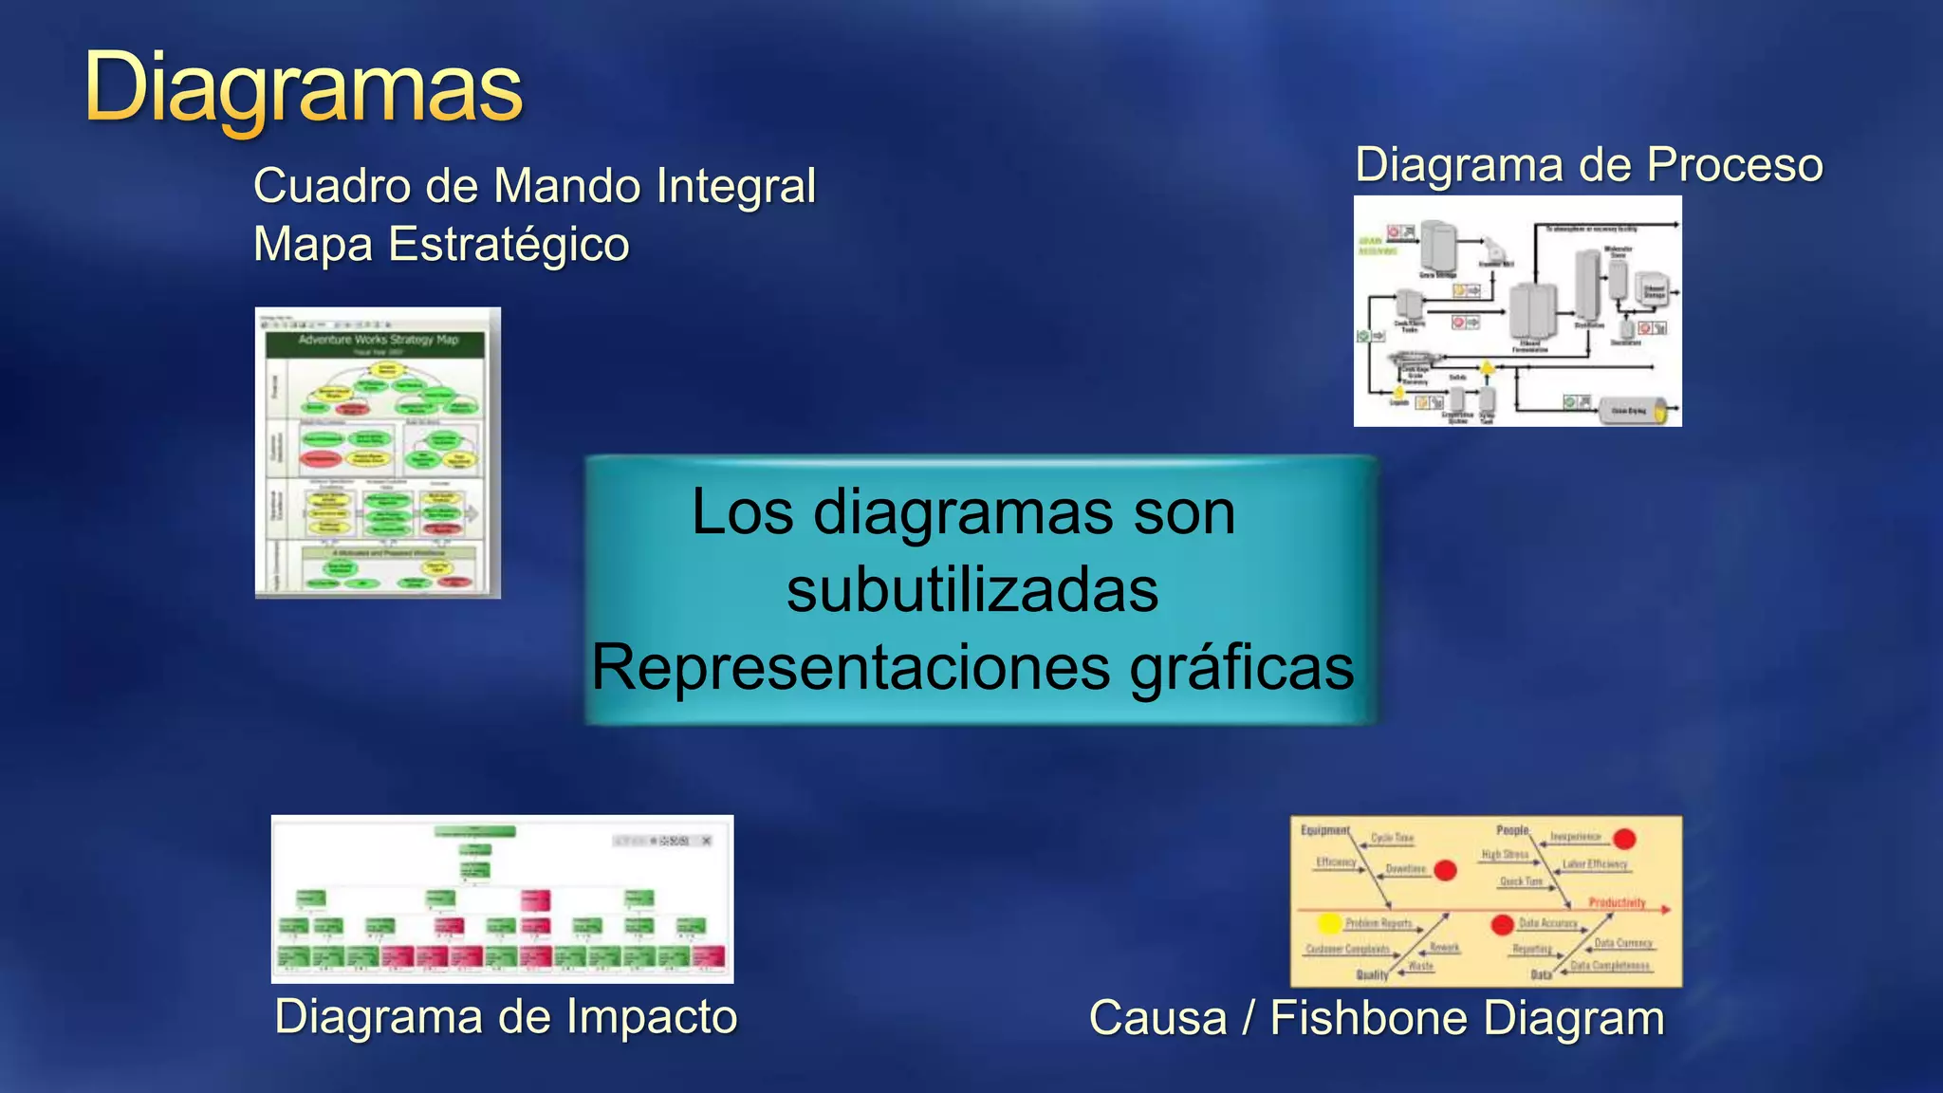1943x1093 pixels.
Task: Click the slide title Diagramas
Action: coord(303,88)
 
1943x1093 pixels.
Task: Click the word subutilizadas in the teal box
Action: coord(972,590)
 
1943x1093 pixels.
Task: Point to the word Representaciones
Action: coord(850,667)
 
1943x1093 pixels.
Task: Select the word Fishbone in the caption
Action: coord(1369,1018)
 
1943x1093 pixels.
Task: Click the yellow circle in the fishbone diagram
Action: coord(1330,922)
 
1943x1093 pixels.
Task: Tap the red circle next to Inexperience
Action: coord(1624,839)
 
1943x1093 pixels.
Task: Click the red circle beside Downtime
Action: coord(1445,870)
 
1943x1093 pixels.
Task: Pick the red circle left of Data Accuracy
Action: coord(1502,924)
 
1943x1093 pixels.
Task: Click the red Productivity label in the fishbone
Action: coord(1617,902)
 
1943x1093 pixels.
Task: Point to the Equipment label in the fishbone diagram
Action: coord(1323,830)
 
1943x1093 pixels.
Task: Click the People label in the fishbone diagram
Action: coord(1512,830)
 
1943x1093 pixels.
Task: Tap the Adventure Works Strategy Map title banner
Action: coord(378,340)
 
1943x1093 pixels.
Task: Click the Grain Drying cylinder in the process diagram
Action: coord(1632,410)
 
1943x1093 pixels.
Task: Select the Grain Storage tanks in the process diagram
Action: coord(1437,247)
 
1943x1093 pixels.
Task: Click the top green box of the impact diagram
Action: coord(475,831)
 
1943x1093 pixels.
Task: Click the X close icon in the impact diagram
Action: coord(706,841)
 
